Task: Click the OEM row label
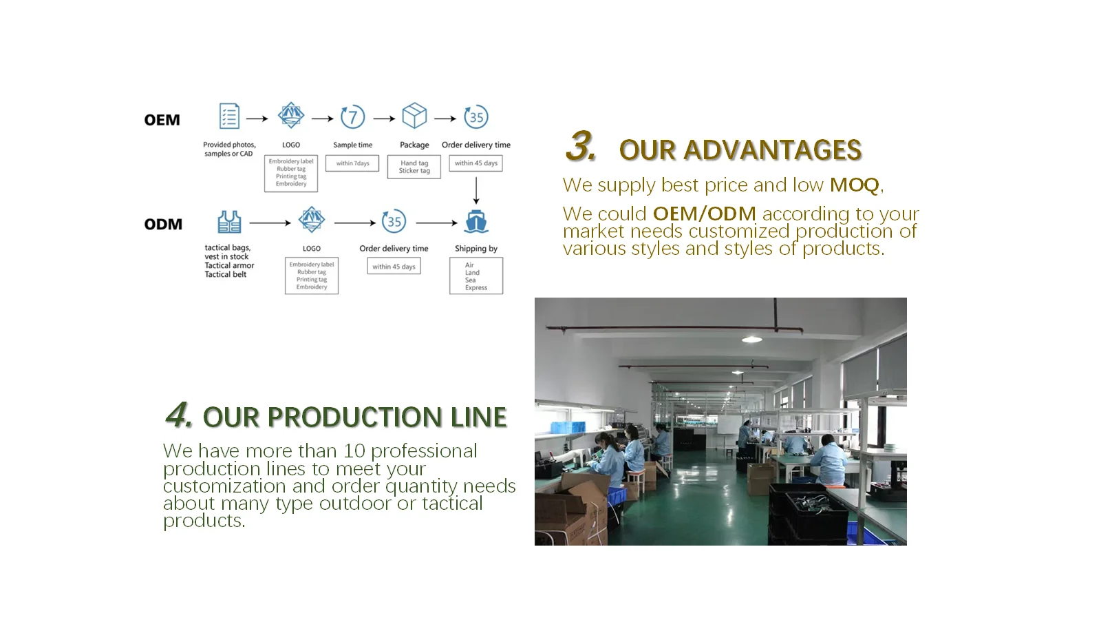[x=162, y=120]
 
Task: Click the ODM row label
[x=163, y=224]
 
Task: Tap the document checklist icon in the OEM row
[x=229, y=116]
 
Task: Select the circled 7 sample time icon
[x=352, y=116]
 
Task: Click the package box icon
[x=414, y=116]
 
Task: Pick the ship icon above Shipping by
[x=476, y=221]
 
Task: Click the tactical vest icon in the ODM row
[x=229, y=222]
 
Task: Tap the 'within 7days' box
[x=352, y=163]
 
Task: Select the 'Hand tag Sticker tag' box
[x=414, y=167]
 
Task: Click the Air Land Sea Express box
[x=476, y=276]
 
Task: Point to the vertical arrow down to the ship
[x=476, y=191]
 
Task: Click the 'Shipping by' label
[x=476, y=249]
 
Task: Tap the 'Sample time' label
[x=352, y=145]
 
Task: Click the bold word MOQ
[x=854, y=185]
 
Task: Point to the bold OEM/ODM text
[x=704, y=214]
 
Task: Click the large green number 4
[x=178, y=415]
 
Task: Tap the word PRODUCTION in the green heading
[x=354, y=417]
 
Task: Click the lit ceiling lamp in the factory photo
[x=751, y=339]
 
